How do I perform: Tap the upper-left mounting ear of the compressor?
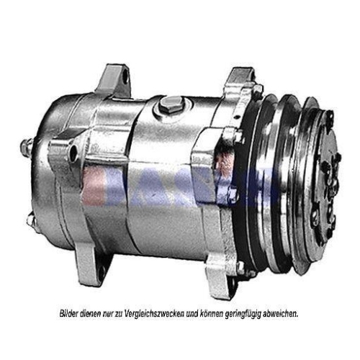coord(115,80)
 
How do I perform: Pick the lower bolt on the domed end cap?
coord(30,220)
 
